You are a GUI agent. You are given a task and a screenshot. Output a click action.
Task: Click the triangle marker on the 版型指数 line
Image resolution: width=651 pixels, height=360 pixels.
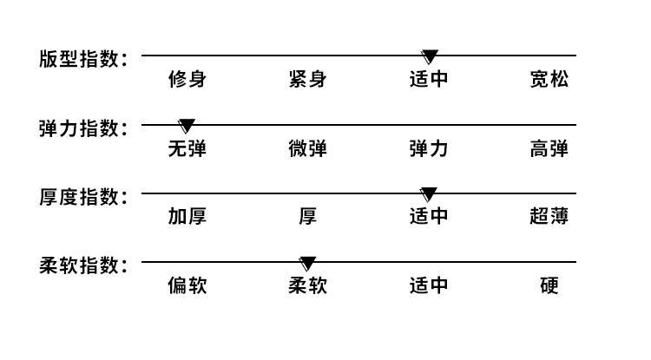pyautogui.click(x=430, y=56)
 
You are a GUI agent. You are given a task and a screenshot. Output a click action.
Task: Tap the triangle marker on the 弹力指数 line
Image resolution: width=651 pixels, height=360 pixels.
pyautogui.click(x=187, y=126)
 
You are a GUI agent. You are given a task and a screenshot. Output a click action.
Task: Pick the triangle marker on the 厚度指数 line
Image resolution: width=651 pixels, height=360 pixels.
pyautogui.click(x=429, y=194)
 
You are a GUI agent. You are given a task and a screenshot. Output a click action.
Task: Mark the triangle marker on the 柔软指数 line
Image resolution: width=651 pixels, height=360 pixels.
pyautogui.click(x=307, y=264)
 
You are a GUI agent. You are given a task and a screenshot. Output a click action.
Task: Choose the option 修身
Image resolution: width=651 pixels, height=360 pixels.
pyautogui.click(x=187, y=79)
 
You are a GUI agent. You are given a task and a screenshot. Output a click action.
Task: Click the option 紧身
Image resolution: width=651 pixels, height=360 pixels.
pyautogui.click(x=307, y=79)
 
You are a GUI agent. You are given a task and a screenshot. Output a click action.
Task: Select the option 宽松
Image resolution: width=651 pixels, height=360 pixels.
pyautogui.click(x=549, y=79)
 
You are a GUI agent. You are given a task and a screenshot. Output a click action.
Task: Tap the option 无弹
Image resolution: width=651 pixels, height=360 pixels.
pyautogui.click(x=187, y=148)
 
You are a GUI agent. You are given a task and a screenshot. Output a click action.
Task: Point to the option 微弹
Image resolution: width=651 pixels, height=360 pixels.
pyautogui.click(x=307, y=148)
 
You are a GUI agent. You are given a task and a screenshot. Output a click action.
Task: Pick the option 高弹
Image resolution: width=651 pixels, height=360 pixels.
pyautogui.click(x=549, y=148)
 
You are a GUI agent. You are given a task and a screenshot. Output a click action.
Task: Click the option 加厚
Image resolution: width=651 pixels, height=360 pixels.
pyautogui.click(x=187, y=217)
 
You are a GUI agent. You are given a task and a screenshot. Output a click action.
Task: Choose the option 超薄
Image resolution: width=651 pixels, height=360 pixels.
pyautogui.click(x=549, y=217)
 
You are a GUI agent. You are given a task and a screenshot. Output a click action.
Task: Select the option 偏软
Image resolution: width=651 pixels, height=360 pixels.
pyautogui.click(x=187, y=285)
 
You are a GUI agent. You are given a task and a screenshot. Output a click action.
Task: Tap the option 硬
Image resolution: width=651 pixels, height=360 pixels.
pyautogui.click(x=549, y=285)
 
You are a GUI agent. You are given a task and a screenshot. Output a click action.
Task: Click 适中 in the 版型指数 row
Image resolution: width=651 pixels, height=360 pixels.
pyautogui.click(x=429, y=79)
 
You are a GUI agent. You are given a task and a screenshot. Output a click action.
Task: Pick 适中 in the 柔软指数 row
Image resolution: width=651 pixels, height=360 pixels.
pyautogui.click(x=429, y=285)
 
